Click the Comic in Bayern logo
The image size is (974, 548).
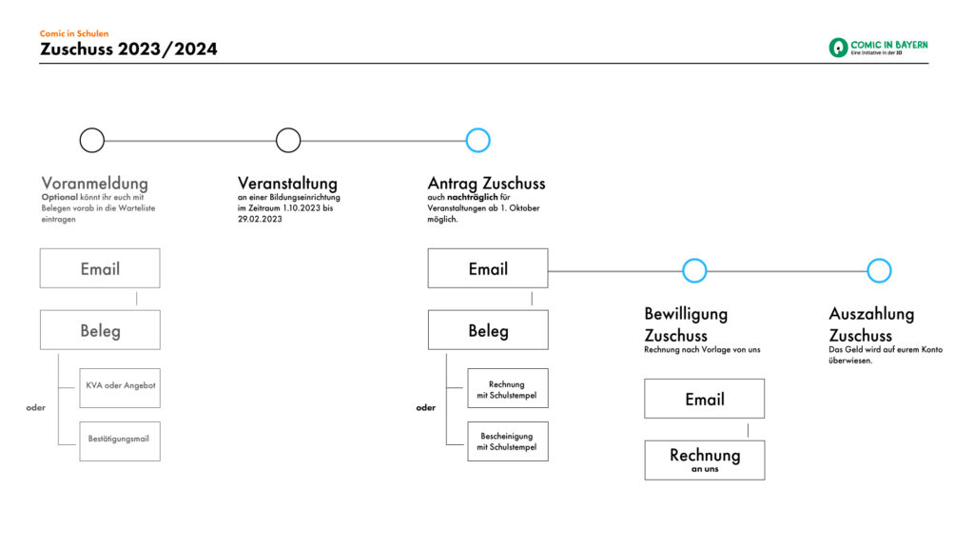[x=878, y=48]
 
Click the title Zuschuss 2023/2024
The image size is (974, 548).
[x=128, y=49]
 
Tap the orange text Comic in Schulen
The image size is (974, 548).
[x=74, y=33]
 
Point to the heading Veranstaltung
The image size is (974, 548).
[x=287, y=184]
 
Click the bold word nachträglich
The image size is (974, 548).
[x=472, y=198]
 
